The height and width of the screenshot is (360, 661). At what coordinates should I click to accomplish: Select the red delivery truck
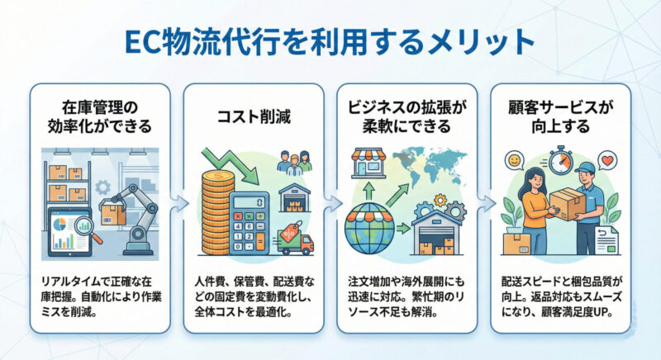click(295, 241)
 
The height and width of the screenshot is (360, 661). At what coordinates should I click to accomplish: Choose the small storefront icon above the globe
click(369, 163)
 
